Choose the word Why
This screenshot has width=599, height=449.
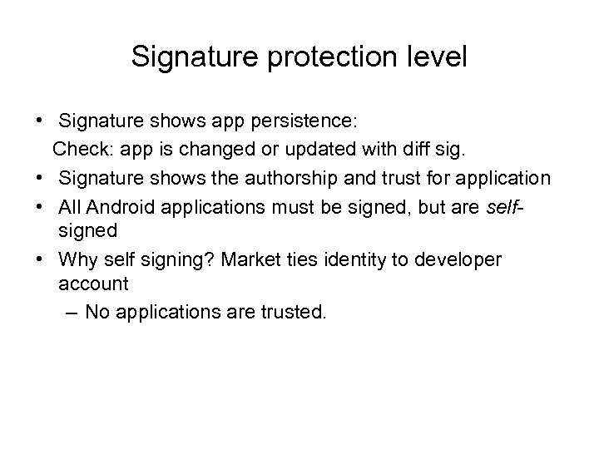77,260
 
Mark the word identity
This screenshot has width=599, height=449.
365,260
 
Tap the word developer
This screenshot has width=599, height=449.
461,260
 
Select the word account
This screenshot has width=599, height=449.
94,284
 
